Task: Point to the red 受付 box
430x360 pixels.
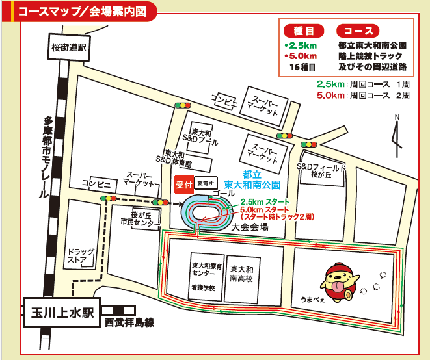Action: [183, 185]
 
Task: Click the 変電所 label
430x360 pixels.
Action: [205, 185]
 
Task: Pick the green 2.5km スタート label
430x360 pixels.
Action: [265, 201]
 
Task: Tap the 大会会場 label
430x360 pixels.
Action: [250, 227]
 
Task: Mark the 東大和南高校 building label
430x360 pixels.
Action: [241, 274]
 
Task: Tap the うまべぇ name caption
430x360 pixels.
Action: [311, 299]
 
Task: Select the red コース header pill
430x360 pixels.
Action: [357, 31]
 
